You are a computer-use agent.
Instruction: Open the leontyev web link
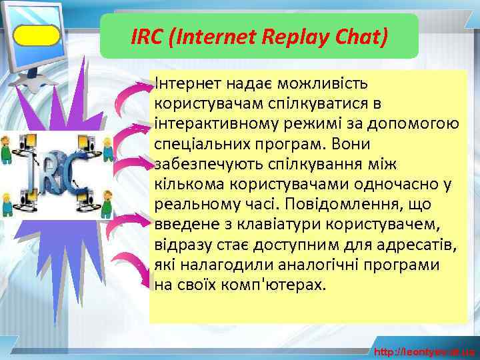click(x=424, y=351)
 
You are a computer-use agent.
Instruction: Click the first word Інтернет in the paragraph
click(x=187, y=84)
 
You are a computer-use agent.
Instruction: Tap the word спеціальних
click(x=201, y=144)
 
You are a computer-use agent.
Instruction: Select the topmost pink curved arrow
click(x=132, y=97)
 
